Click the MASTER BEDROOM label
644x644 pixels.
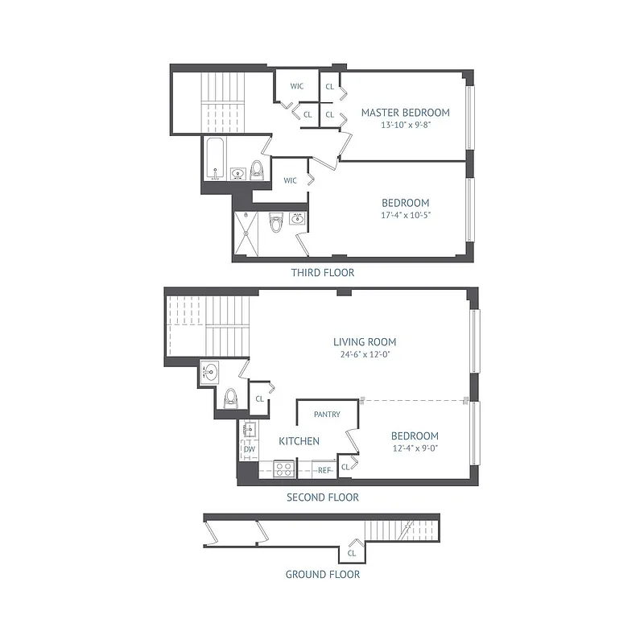[405, 113]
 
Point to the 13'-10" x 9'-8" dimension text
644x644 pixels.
[405, 125]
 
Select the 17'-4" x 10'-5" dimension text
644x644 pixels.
[406, 215]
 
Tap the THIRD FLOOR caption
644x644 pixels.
[322, 273]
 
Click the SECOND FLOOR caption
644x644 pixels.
[322, 497]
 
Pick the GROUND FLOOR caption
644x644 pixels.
[322, 574]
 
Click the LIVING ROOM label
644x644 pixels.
[365, 342]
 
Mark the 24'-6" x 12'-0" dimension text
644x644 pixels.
[365, 354]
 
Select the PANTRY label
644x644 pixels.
[327, 415]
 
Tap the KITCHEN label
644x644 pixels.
[299, 441]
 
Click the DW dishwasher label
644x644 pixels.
[249, 449]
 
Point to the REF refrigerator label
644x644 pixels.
[324, 469]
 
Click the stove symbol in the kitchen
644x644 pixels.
[283, 469]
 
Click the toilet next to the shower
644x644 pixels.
[276, 221]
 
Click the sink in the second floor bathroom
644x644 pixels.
[209, 372]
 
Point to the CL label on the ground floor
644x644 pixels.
[352, 554]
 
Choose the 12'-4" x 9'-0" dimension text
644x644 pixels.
[416, 448]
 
